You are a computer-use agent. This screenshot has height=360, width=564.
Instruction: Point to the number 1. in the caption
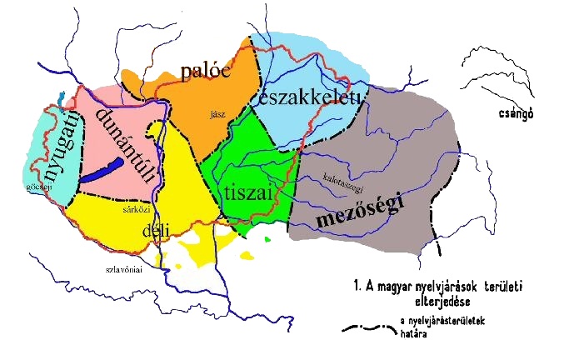(x=359, y=287)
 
